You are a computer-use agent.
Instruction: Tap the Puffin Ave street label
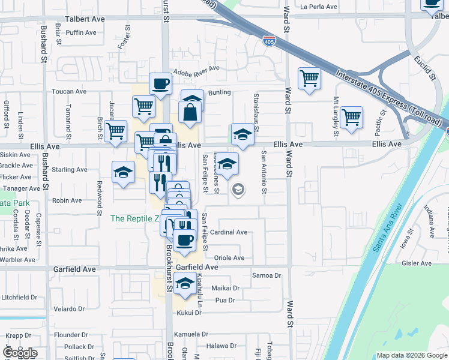(x=81, y=32)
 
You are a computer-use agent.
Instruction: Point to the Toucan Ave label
(x=70, y=92)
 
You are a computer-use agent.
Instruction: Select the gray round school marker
(x=238, y=190)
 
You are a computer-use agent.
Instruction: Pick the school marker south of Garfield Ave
(x=186, y=283)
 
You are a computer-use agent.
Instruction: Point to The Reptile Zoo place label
(x=134, y=219)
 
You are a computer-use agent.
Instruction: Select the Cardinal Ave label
(x=229, y=232)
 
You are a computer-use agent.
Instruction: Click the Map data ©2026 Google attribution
(x=411, y=355)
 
